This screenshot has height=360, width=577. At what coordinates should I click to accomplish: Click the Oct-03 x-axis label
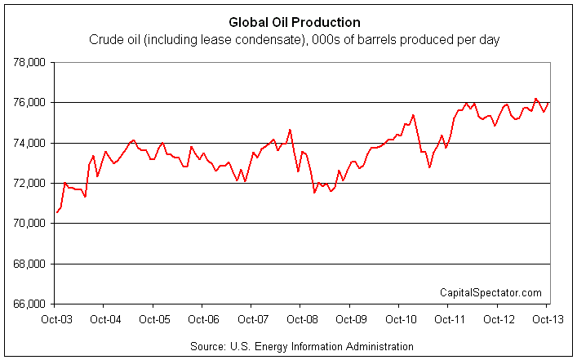click(57, 319)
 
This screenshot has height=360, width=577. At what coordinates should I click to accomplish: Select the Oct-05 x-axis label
click(155, 319)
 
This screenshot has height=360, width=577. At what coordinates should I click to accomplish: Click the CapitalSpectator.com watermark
click(490, 292)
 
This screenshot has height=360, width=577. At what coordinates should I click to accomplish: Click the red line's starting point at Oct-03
click(56, 212)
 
